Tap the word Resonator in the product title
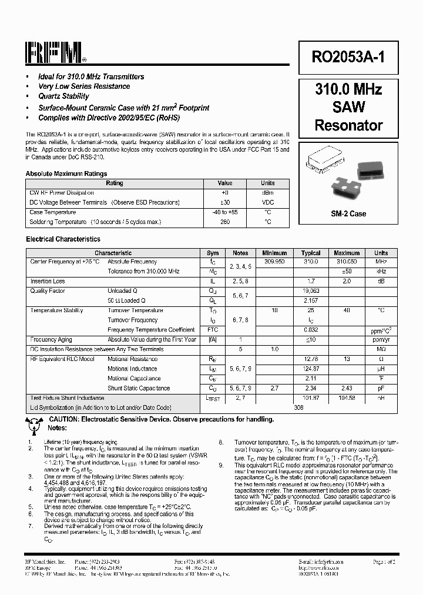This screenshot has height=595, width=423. pyautogui.click(x=348, y=125)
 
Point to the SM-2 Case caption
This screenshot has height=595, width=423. pyautogui.click(x=348, y=213)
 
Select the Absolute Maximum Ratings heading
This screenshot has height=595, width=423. pyautogui.click(x=66, y=173)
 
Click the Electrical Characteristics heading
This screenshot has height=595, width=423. pyautogui.click(x=63, y=239)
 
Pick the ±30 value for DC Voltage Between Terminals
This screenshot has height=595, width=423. pyautogui.click(x=225, y=202)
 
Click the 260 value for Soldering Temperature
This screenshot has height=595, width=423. pyautogui.click(x=225, y=222)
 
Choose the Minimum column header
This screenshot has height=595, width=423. pyautogui.click(x=274, y=253)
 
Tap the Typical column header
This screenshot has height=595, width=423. pyautogui.click(x=311, y=253)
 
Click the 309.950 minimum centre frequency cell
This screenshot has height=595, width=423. pyautogui.click(x=274, y=262)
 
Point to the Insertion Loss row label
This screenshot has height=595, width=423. pyautogui.click(x=47, y=282)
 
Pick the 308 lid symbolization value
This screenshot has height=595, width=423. pyautogui.click(x=298, y=407)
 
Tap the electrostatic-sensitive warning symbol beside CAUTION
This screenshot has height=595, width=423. pyautogui.click(x=33, y=421)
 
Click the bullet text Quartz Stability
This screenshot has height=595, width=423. pyautogui.click(x=63, y=96)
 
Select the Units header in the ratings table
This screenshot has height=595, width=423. pyautogui.click(x=267, y=183)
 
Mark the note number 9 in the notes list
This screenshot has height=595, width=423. pyautogui.click(x=221, y=464)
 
